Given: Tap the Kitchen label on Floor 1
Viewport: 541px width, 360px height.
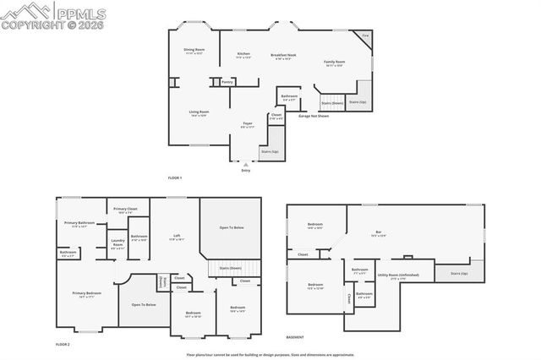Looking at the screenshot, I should (x=243, y=55).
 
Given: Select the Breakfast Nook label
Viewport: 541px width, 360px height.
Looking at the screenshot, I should (x=282, y=57).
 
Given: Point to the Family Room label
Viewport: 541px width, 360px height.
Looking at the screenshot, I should (x=335, y=63).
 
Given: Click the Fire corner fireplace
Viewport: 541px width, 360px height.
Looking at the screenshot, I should (x=364, y=36).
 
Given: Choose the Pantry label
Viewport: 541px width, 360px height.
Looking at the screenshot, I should (x=227, y=82).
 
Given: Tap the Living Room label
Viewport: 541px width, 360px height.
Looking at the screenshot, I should (x=199, y=113).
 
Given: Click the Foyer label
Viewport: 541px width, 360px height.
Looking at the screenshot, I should (x=248, y=125).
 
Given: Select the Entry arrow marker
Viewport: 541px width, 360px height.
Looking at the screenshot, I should (x=245, y=165).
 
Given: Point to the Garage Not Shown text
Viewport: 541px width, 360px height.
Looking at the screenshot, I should (x=313, y=117).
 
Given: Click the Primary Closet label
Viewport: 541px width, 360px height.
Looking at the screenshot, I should (x=126, y=210).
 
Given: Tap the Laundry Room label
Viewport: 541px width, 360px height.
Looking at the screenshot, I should (x=117, y=245).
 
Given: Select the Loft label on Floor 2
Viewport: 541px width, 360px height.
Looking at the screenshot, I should (x=177, y=237).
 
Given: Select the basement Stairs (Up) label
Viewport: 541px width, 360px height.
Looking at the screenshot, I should (x=459, y=274).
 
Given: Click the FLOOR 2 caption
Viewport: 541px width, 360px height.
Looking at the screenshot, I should (x=63, y=344).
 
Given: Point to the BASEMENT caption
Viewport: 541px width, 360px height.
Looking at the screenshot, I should (x=295, y=336).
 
